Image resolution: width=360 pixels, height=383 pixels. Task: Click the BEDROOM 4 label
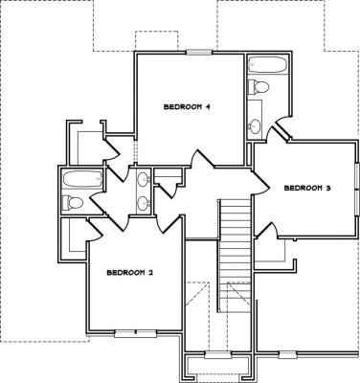[187, 107]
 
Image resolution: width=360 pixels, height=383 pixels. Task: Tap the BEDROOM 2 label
[130, 273]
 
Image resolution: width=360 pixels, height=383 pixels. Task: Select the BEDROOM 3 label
[307, 189]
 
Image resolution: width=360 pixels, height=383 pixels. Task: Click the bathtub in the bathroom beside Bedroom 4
[268, 66]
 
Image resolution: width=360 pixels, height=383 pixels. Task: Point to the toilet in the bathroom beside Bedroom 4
[259, 86]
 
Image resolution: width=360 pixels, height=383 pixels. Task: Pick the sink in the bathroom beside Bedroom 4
[255, 124]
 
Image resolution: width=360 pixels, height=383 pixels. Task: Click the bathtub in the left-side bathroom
[82, 179]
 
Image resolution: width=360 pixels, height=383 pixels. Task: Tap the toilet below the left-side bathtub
[73, 202]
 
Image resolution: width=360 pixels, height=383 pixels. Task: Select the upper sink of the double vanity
[144, 179]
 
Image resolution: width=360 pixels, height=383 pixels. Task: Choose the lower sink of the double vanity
[144, 203]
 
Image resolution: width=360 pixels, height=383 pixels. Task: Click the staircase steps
[236, 255]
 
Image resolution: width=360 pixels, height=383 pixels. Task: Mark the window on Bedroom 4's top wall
[199, 53]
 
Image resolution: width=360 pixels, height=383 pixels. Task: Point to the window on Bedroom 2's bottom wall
[135, 334]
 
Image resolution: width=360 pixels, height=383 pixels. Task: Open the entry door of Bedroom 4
[202, 159]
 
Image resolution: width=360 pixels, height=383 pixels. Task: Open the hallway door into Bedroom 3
[260, 183]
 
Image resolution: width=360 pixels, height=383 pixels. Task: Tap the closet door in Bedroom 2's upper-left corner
[94, 229]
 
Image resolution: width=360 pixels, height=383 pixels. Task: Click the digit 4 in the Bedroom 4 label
[207, 107]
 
